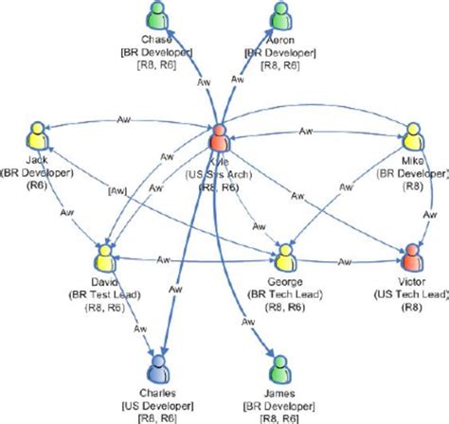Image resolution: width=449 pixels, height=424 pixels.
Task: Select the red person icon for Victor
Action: (x=411, y=258)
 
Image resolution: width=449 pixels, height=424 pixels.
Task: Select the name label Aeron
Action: (x=281, y=40)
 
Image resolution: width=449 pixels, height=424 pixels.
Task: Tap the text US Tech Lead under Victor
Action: (x=411, y=294)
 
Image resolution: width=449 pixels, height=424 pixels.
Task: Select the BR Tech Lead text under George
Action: (x=287, y=294)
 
